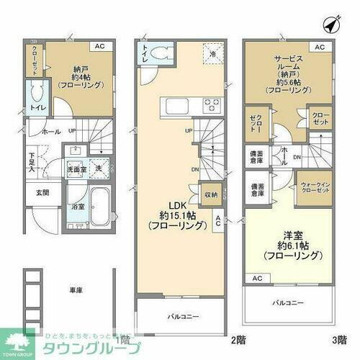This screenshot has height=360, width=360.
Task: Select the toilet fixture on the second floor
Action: [x=163, y=54]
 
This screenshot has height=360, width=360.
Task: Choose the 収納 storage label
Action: [x=211, y=194]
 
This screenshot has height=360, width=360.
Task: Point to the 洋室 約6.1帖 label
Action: [x=286, y=246]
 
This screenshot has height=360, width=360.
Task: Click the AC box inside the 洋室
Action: [x=256, y=277]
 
